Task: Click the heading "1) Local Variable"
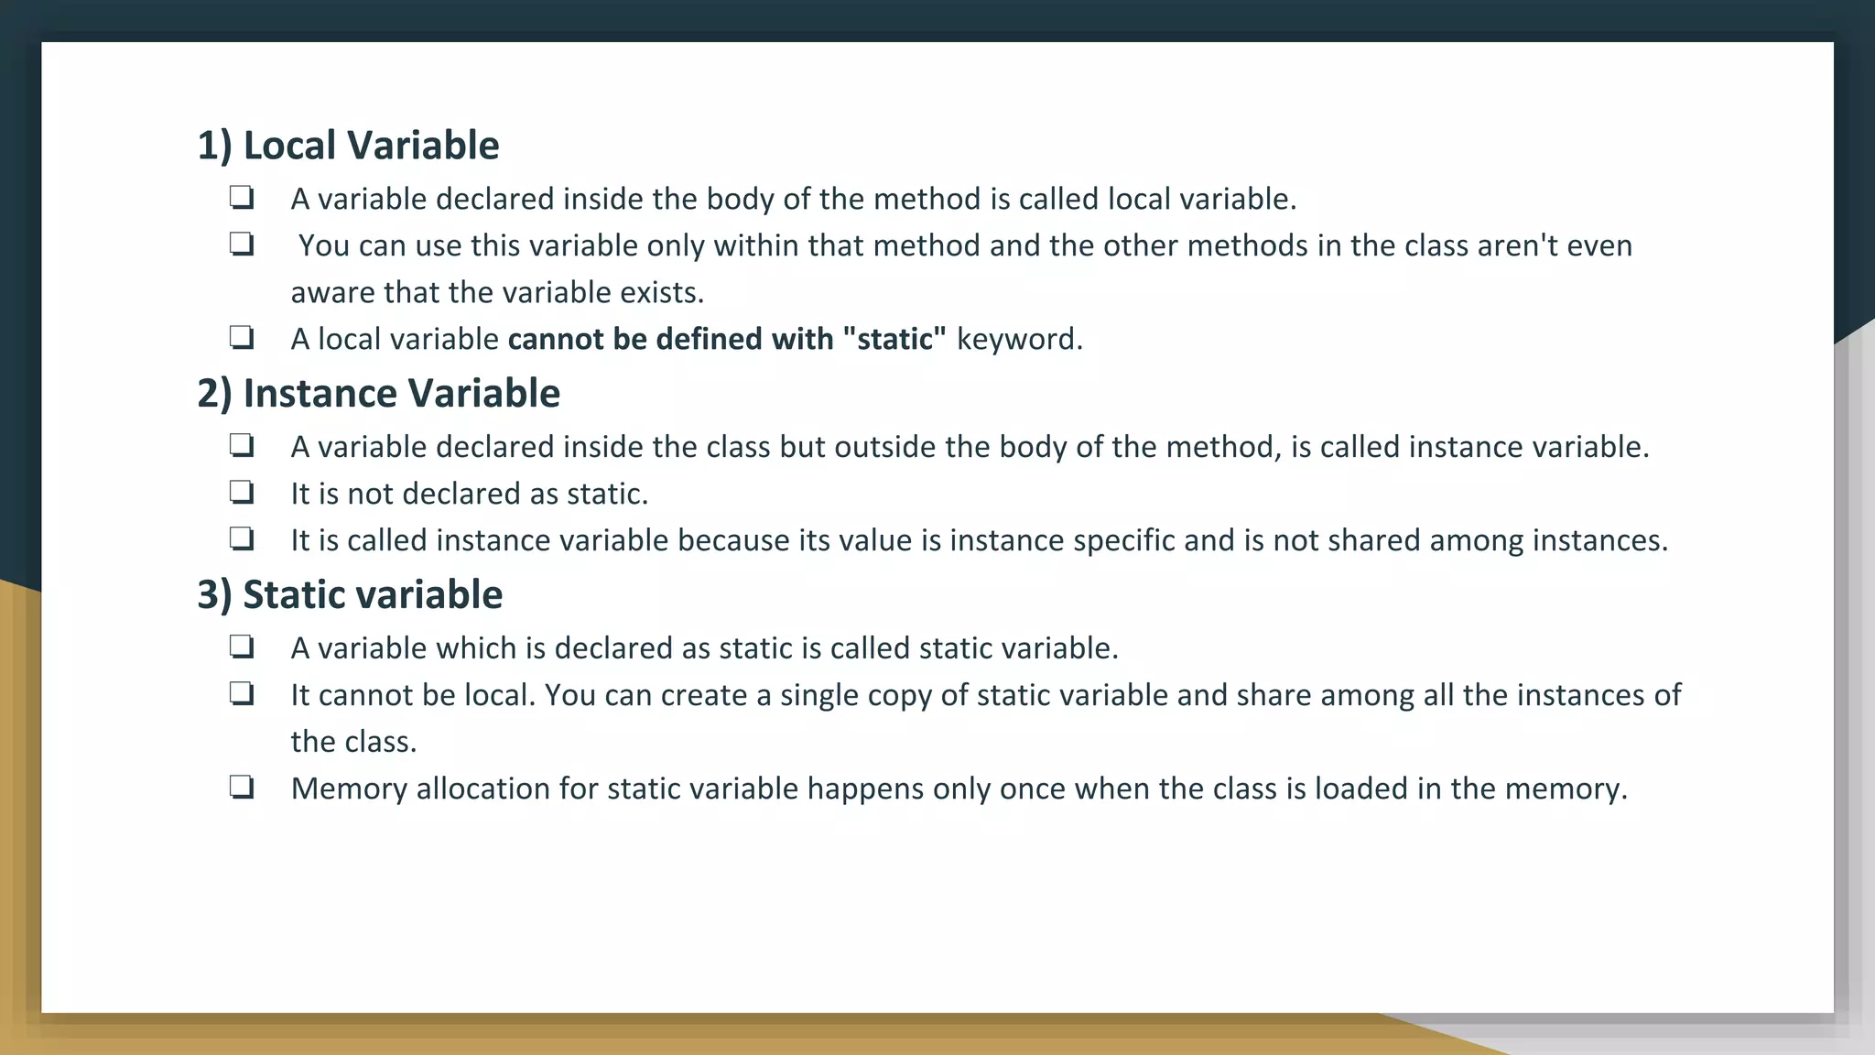click(x=348, y=146)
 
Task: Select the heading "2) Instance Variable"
click(x=378, y=394)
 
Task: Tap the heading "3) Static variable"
click(x=350, y=595)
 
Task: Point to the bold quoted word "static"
click(x=894, y=339)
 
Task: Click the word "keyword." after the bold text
click(x=1019, y=340)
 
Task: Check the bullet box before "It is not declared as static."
click(x=242, y=493)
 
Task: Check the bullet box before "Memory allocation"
click(x=242, y=787)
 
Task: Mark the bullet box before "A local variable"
click(x=242, y=338)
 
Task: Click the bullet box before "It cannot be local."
click(x=242, y=693)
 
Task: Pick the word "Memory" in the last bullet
click(x=349, y=789)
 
